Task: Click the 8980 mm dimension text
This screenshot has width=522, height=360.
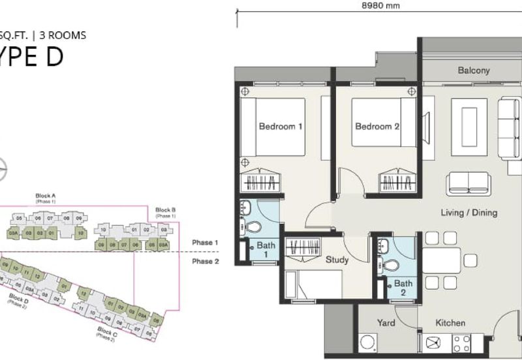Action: pos(380,5)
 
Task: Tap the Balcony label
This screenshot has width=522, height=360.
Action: pos(473,70)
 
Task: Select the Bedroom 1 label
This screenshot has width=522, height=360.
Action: pos(280,127)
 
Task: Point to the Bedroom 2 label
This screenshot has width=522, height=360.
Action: pos(376,127)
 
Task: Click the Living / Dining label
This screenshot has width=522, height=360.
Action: pos(469,213)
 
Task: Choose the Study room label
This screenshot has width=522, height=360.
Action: pos(337,260)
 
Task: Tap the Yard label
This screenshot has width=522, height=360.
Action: pos(386,323)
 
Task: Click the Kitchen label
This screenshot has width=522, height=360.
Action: pos(450,323)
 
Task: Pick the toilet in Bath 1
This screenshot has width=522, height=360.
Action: pos(253,228)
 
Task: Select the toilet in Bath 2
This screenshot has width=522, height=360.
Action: pos(390,265)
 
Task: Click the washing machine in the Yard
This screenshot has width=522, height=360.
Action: pos(367,343)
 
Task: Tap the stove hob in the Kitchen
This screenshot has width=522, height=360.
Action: pos(462,343)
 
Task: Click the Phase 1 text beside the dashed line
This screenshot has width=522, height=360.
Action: pos(205,243)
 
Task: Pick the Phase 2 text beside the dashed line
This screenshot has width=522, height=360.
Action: pos(205,261)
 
